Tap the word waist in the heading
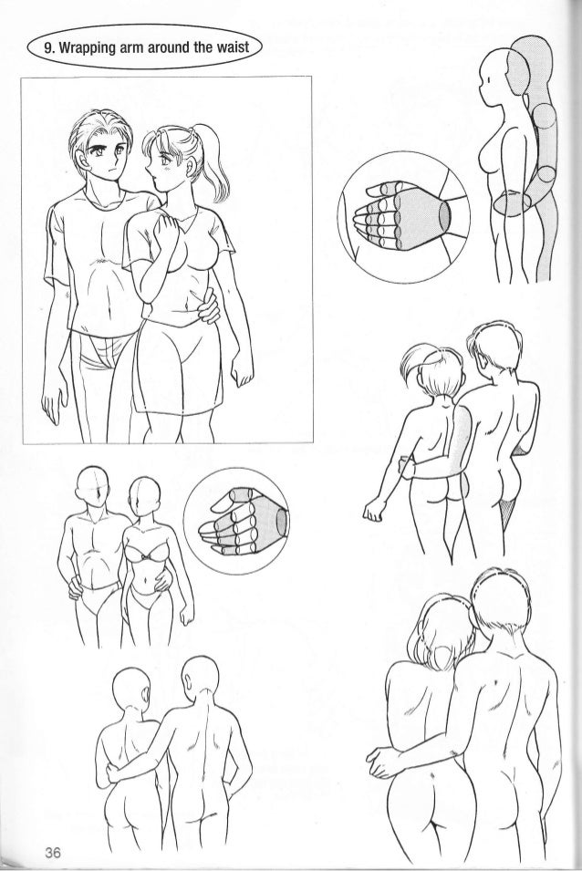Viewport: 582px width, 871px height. [234, 47]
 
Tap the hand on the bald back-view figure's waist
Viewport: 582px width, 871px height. [114, 771]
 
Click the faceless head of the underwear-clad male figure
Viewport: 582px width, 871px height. [91, 488]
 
